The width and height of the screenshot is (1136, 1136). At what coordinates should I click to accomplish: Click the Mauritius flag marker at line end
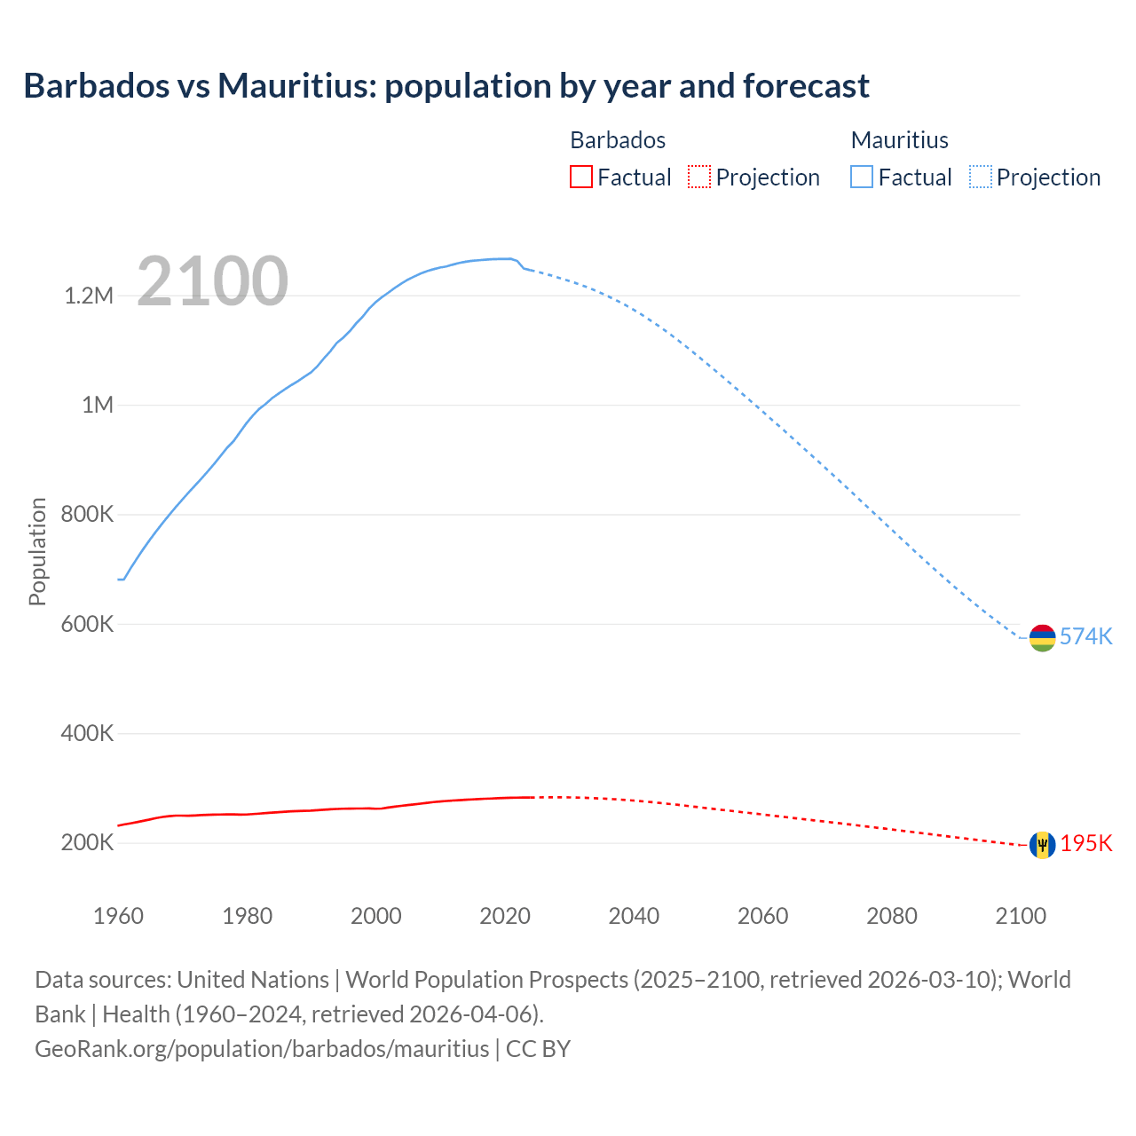(x=1042, y=637)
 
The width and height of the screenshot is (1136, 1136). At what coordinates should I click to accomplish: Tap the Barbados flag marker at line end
(x=1042, y=844)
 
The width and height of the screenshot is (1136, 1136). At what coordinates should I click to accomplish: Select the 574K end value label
(x=1086, y=636)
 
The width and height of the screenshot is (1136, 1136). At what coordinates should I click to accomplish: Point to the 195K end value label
(x=1086, y=843)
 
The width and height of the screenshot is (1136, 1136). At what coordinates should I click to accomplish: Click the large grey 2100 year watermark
(x=212, y=281)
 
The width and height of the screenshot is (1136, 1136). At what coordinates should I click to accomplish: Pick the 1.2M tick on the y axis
(x=89, y=296)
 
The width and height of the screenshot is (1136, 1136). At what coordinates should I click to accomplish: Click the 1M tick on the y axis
(x=98, y=406)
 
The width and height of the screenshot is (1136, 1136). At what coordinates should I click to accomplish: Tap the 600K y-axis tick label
(x=87, y=624)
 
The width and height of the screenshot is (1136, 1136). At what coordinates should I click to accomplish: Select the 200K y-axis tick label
(x=87, y=843)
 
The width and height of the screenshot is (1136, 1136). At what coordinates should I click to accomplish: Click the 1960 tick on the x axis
(x=118, y=916)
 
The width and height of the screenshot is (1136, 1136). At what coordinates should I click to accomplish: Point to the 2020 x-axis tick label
(x=505, y=916)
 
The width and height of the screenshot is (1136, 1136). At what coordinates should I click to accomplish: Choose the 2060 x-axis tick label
(x=762, y=916)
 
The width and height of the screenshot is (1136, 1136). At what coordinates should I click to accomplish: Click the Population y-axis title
(x=37, y=551)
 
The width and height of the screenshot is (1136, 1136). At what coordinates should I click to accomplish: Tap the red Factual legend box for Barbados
(x=580, y=177)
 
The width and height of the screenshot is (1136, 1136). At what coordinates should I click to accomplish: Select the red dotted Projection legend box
(x=699, y=177)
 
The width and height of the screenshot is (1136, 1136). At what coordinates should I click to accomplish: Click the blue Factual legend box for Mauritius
(x=862, y=177)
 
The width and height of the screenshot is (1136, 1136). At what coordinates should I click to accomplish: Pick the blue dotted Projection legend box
(x=981, y=177)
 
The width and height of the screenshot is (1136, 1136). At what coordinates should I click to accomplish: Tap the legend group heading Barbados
(x=618, y=140)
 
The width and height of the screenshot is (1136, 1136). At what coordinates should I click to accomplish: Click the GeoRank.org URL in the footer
(x=262, y=1049)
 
